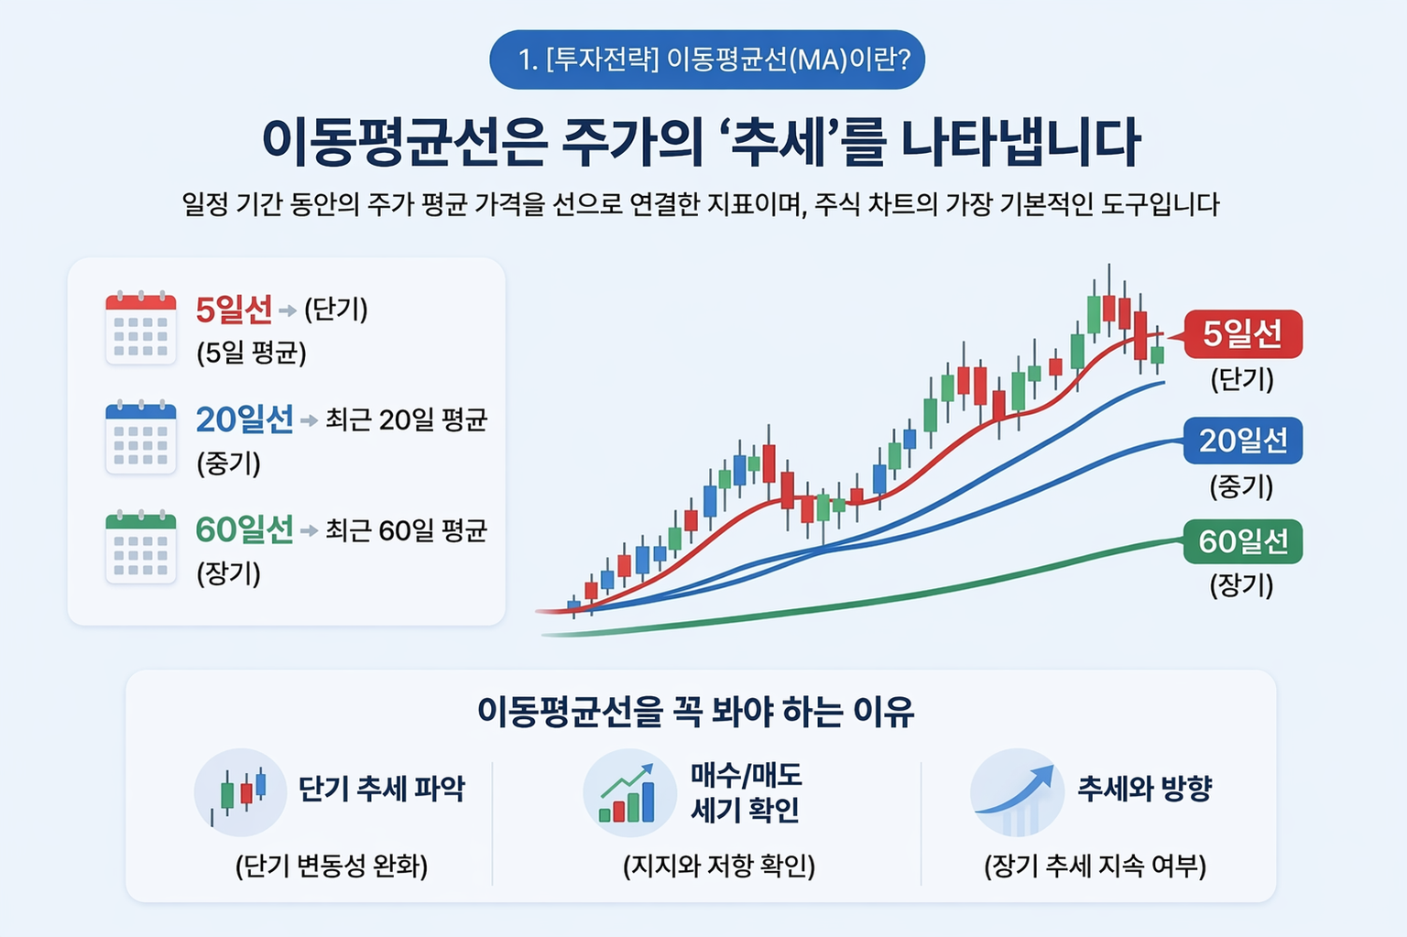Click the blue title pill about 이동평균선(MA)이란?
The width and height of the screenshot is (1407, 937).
point(707,60)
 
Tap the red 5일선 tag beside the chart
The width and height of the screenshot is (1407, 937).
point(1242,334)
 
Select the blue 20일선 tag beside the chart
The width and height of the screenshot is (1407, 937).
point(1242,441)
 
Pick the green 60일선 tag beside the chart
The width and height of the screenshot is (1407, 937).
point(1242,541)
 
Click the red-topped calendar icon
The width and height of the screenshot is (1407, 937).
point(140,328)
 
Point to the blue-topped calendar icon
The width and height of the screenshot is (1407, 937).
point(140,438)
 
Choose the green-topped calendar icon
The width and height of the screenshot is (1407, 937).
point(140,548)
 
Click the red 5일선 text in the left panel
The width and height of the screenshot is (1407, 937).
point(234,311)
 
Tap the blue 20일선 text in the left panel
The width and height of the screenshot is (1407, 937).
point(244,420)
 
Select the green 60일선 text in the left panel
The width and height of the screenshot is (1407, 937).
point(244,530)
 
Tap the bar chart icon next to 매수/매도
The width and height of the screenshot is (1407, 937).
point(627,792)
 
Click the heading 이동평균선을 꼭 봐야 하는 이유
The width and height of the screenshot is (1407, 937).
point(696,712)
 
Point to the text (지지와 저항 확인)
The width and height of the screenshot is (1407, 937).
point(719,866)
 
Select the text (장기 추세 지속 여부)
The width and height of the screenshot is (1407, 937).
point(1096,866)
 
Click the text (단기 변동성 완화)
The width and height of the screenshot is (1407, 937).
point(332,866)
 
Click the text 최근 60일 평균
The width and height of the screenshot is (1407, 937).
point(406,530)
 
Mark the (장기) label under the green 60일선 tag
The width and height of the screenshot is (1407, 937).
point(1242,584)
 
